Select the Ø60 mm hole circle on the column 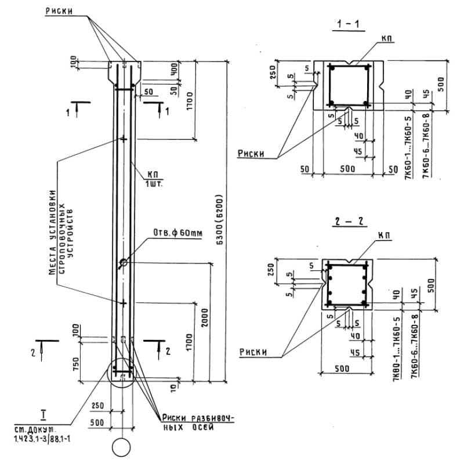click(x=124, y=263)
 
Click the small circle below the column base click(x=122, y=448)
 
